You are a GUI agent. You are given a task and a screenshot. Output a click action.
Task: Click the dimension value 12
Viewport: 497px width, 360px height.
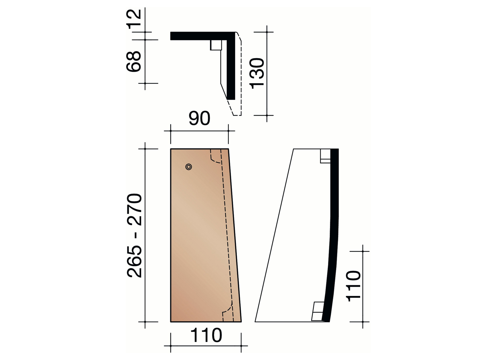point(134,19)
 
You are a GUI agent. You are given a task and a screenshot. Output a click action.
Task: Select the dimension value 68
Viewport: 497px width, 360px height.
point(134,61)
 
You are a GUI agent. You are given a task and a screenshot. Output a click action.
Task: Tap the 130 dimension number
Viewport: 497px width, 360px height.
point(257,73)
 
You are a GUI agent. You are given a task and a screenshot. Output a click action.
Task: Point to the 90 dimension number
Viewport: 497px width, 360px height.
point(199,118)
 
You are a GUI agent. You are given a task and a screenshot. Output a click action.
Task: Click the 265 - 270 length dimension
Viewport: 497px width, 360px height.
point(134,235)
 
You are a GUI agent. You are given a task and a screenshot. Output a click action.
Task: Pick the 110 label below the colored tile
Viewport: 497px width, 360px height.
point(206,335)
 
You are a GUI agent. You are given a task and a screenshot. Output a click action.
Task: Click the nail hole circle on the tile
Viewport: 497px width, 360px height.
point(189,167)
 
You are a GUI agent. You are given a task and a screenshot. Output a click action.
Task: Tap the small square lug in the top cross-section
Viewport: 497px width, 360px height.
point(216,45)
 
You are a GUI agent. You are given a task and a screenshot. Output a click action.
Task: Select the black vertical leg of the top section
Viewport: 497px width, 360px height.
point(231,69)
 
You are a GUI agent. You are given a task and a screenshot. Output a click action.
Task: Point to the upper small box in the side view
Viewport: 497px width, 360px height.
point(325,156)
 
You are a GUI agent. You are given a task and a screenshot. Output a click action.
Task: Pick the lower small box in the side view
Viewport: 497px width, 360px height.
point(318,312)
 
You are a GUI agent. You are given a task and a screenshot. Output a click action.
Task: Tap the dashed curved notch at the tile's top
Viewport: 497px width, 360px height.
point(215,158)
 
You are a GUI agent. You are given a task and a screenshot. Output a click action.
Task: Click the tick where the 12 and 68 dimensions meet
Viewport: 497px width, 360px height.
point(145,40)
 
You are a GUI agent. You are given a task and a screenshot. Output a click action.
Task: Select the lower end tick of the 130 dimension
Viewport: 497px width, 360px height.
point(267,115)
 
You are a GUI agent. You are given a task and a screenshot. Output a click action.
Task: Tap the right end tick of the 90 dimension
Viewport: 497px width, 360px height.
point(228,131)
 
